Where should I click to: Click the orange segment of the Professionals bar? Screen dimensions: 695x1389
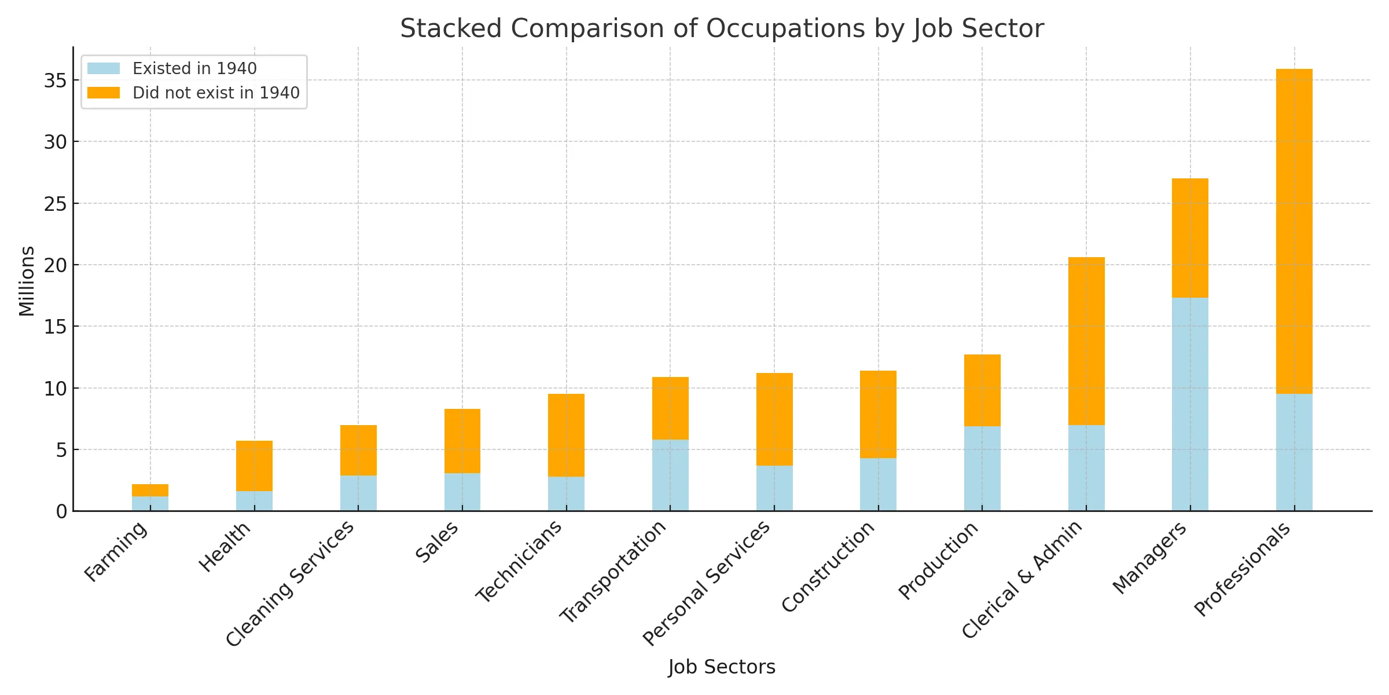tap(1294, 232)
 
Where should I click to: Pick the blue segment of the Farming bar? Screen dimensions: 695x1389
tap(150, 503)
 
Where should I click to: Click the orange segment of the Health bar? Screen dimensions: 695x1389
tap(254, 466)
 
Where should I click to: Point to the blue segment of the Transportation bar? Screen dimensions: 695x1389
tap(670, 475)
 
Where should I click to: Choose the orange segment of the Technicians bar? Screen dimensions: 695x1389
tap(566, 435)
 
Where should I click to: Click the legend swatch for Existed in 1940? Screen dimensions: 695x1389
tap(104, 68)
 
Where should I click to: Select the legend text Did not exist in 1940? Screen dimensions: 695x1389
tap(216, 93)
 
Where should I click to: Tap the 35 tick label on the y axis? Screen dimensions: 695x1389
tap(55, 81)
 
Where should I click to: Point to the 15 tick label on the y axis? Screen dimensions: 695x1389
tap(55, 327)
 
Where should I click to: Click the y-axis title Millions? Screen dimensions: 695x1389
tap(27, 281)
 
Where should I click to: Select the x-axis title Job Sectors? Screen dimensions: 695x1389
tap(721, 667)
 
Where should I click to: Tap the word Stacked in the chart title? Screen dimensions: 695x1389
tap(450, 28)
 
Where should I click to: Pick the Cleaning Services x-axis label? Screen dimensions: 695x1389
tap(289, 584)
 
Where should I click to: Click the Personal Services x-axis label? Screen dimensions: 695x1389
tap(706, 583)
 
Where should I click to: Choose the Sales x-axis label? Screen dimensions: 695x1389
tap(437, 542)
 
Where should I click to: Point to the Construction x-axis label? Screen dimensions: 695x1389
tap(828, 566)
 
